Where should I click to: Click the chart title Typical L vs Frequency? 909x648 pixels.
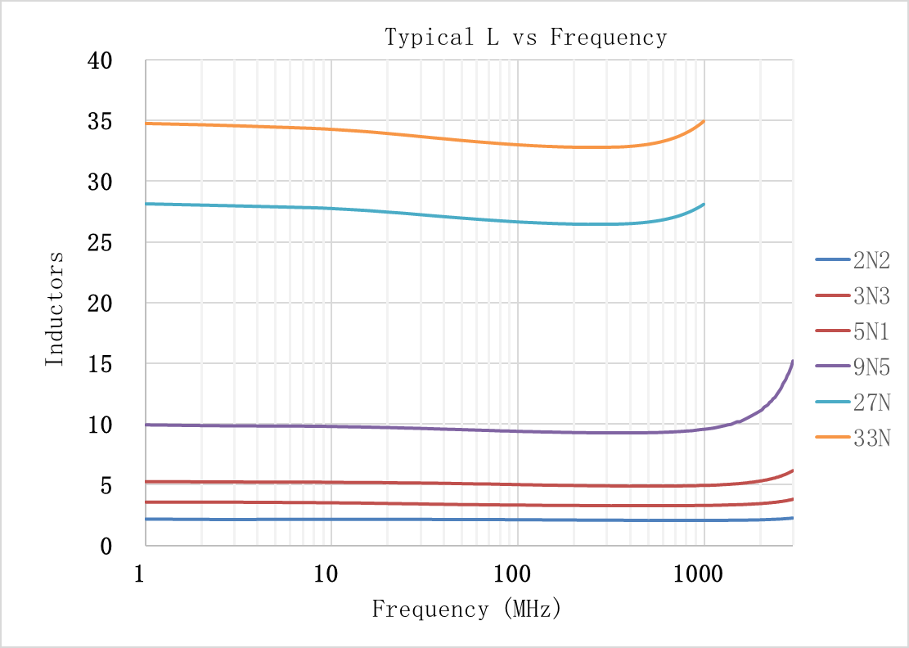point(526,38)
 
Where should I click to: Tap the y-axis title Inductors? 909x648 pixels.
point(54,308)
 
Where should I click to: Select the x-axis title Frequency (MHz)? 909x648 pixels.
point(466,609)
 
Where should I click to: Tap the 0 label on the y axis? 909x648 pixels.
point(106,547)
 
